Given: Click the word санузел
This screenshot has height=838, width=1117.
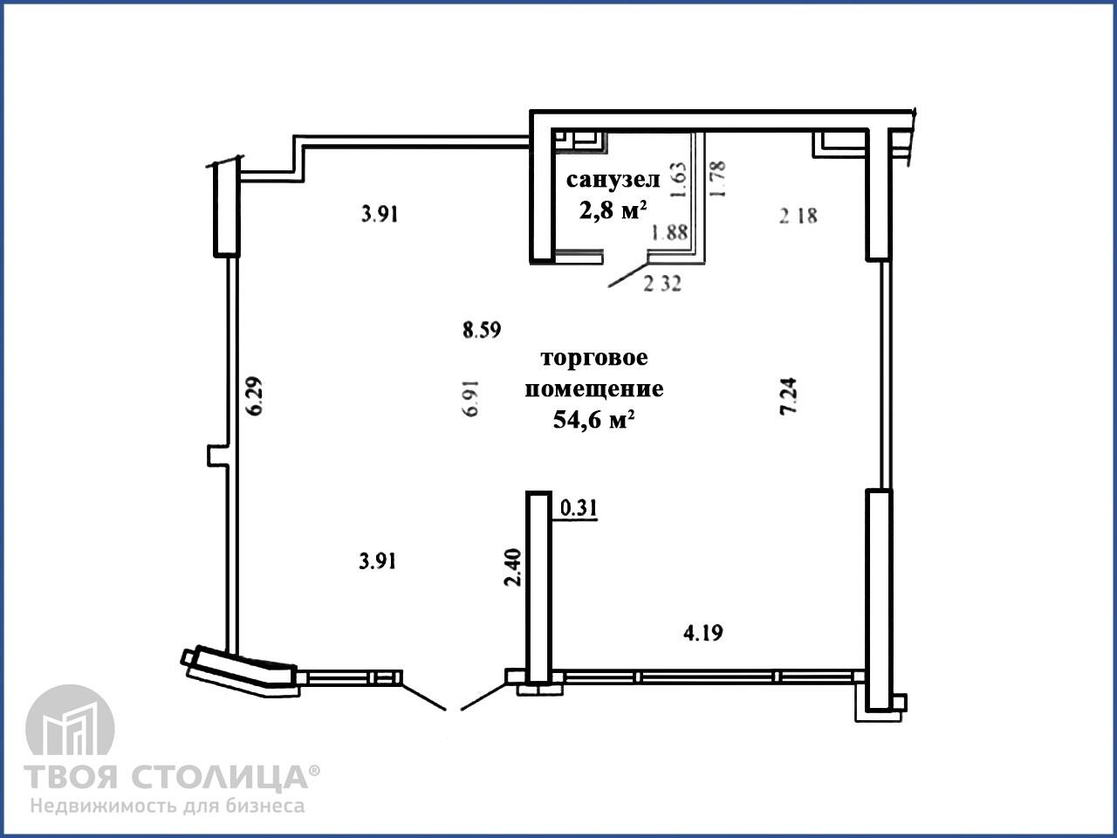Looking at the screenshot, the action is tap(613, 180).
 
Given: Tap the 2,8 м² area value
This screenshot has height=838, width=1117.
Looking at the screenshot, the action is tap(613, 209).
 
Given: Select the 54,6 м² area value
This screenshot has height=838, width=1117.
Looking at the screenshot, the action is tap(593, 420).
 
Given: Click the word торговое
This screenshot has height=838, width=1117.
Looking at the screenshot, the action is tap(594, 358).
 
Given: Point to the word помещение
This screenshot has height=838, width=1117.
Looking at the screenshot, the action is tap(594, 389).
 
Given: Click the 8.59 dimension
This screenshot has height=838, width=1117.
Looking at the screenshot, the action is tap(482, 330).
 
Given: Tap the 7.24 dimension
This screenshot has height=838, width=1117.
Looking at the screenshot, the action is tap(788, 396).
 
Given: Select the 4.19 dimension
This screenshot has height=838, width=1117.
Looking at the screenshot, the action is tap(702, 633).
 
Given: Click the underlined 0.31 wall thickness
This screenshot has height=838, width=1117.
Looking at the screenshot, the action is tap(578, 509).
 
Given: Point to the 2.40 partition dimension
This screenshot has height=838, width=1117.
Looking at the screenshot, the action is tap(512, 567).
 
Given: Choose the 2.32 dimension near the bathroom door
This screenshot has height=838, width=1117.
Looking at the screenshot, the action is tap(662, 284).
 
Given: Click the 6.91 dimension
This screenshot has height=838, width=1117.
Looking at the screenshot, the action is tap(472, 398).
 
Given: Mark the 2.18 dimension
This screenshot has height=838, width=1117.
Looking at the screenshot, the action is tap(798, 216).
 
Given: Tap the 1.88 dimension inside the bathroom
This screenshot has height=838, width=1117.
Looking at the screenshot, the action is tap(669, 233).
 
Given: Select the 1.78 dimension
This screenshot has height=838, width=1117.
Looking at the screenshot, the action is tap(717, 179).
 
